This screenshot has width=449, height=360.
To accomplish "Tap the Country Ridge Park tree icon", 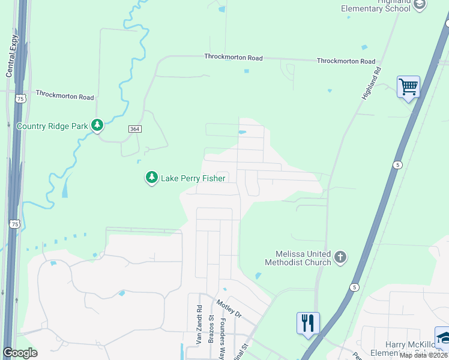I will click(x=97, y=125).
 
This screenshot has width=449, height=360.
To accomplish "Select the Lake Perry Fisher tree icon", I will click(x=152, y=178).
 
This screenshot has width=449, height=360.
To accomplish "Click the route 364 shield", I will click(x=134, y=129).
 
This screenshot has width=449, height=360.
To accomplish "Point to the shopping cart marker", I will click(x=408, y=87).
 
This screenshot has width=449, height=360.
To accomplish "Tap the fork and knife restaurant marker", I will click(x=308, y=323).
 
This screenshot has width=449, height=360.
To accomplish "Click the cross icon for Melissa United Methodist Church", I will click(x=340, y=257).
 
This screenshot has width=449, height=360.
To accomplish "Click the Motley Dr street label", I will click(x=229, y=308).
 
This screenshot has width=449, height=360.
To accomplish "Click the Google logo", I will click(x=20, y=353).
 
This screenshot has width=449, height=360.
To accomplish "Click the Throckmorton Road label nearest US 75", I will click(x=64, y=95).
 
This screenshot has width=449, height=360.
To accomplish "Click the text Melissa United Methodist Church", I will click(x=298, y=258).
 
